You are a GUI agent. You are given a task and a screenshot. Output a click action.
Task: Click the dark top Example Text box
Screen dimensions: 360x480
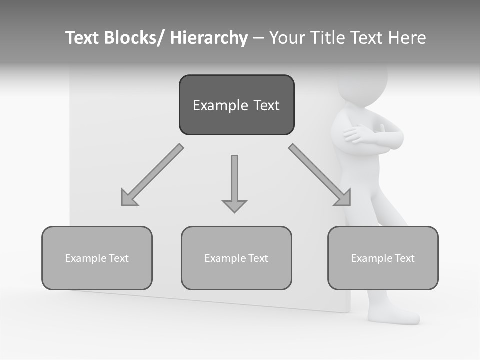(x=236, y=105)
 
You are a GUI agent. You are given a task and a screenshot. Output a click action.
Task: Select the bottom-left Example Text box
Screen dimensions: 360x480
(x=97, y=258)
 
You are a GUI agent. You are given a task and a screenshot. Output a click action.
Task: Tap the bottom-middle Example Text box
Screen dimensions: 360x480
(x=236, y=258)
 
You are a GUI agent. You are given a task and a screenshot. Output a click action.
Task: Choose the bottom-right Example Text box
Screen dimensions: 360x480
(x=383, y=258)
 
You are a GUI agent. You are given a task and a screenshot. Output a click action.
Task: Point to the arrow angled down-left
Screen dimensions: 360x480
(x=152, y=175)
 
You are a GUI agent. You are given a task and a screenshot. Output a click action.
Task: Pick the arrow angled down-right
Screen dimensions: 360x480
(x=320, y=175)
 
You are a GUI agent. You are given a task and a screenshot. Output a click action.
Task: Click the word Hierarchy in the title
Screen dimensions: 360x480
(x=209, y=38)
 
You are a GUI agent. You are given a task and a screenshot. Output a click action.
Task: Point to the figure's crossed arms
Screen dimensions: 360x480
(x=372, y=135)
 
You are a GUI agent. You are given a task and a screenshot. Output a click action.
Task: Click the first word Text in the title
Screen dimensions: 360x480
(x=82, y=38)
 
